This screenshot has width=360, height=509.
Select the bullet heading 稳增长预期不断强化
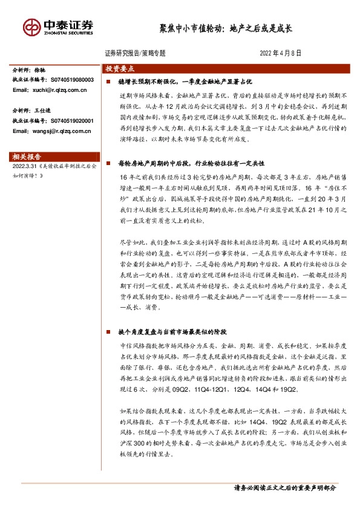point(145,81)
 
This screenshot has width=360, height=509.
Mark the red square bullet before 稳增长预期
point(108,81)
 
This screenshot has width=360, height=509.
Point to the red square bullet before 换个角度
point(108,332)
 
